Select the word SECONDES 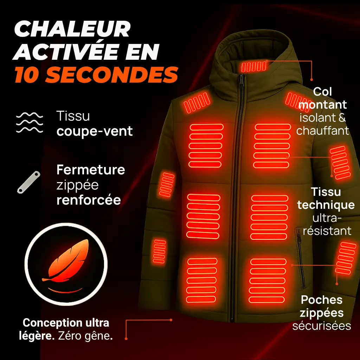click(x=113, y=75)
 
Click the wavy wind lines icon click(x=30, y=123)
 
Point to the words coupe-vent click(x=95, y=131)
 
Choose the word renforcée click(x=89, y=200)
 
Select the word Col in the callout click(x=322, y=92)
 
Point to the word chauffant click(x=322, y=130)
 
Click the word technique click(x=326, y=205)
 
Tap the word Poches click(x=322, y=300)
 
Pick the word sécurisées click(x=322, y=326)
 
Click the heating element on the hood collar click(x=253, y=66)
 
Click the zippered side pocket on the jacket click(x=300, y=257)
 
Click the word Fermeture click(x=91, y=170)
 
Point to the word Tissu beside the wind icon click(x=73, y=116)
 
